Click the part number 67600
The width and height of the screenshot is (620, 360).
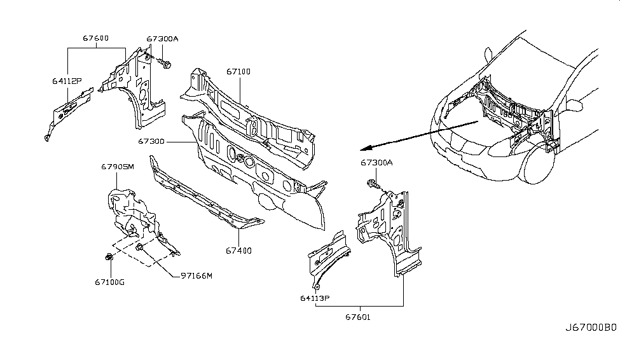(95, 38)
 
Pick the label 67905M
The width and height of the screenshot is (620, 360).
(118, 167)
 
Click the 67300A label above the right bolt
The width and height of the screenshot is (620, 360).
(377, 163)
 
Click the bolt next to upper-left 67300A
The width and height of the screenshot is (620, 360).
(167, 64)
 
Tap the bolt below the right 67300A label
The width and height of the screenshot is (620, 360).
(373, 186)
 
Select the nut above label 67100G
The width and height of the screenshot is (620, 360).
(109, 257)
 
